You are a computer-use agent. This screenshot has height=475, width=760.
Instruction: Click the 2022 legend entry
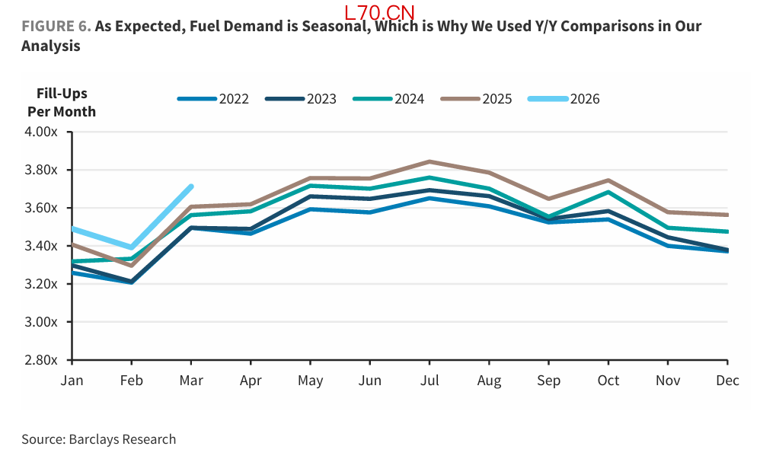tap(214, 99)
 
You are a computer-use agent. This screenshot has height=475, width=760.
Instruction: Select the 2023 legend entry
tap(302, 99)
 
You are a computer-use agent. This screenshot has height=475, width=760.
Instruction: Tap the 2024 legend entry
tap(389, 99)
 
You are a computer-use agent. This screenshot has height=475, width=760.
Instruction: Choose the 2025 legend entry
tap(477, 99)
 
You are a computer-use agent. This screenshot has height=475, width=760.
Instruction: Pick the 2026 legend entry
tap(565, 99)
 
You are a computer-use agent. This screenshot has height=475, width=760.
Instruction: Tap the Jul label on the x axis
tap(429, 381)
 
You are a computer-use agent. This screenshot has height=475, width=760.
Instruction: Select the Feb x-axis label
tap(132, 381)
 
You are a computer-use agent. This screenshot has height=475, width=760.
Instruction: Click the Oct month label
tap(608, 381)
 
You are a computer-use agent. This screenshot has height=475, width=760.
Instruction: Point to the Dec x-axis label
tap(727, 381)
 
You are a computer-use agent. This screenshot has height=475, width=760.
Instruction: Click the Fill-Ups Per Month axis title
tap(62, 103)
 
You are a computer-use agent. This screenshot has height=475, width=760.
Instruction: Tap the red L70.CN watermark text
tap(379, 13)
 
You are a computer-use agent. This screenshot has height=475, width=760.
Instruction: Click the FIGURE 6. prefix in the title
tap(56, 27)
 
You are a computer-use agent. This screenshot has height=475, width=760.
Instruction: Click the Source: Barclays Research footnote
tap(98, 439)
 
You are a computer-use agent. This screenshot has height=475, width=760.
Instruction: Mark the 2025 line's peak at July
tap(429, 161)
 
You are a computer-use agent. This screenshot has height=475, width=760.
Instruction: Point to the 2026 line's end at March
tap(190, 186)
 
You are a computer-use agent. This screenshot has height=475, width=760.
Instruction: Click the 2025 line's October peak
tap(608, 180)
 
